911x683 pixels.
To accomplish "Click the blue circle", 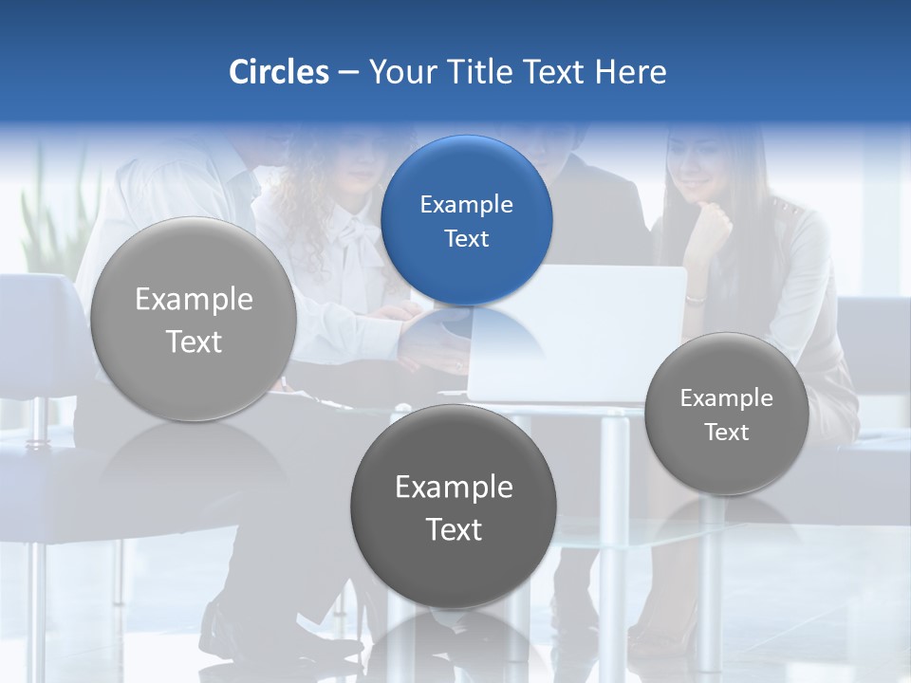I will coord(466,220).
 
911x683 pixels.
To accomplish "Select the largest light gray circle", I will coord(194,319).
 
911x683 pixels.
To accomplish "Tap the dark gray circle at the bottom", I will coord(454,506).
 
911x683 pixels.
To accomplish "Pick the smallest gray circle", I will coord(727,414).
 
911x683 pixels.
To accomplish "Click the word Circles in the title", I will coord(279,72).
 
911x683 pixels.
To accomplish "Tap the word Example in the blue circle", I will coord(466,204).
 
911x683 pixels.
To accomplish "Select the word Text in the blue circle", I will coord(466,238).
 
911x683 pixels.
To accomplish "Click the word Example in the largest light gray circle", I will coord(194,299).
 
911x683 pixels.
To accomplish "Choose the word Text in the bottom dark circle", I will coord(454,529).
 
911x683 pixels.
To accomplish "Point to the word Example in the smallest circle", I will coord(727,397).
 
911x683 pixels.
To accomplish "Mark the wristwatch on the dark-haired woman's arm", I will coord(696,300).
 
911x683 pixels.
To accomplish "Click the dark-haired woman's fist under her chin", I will coord(711,226).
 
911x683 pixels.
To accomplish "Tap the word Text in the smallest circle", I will coord(727,432).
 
